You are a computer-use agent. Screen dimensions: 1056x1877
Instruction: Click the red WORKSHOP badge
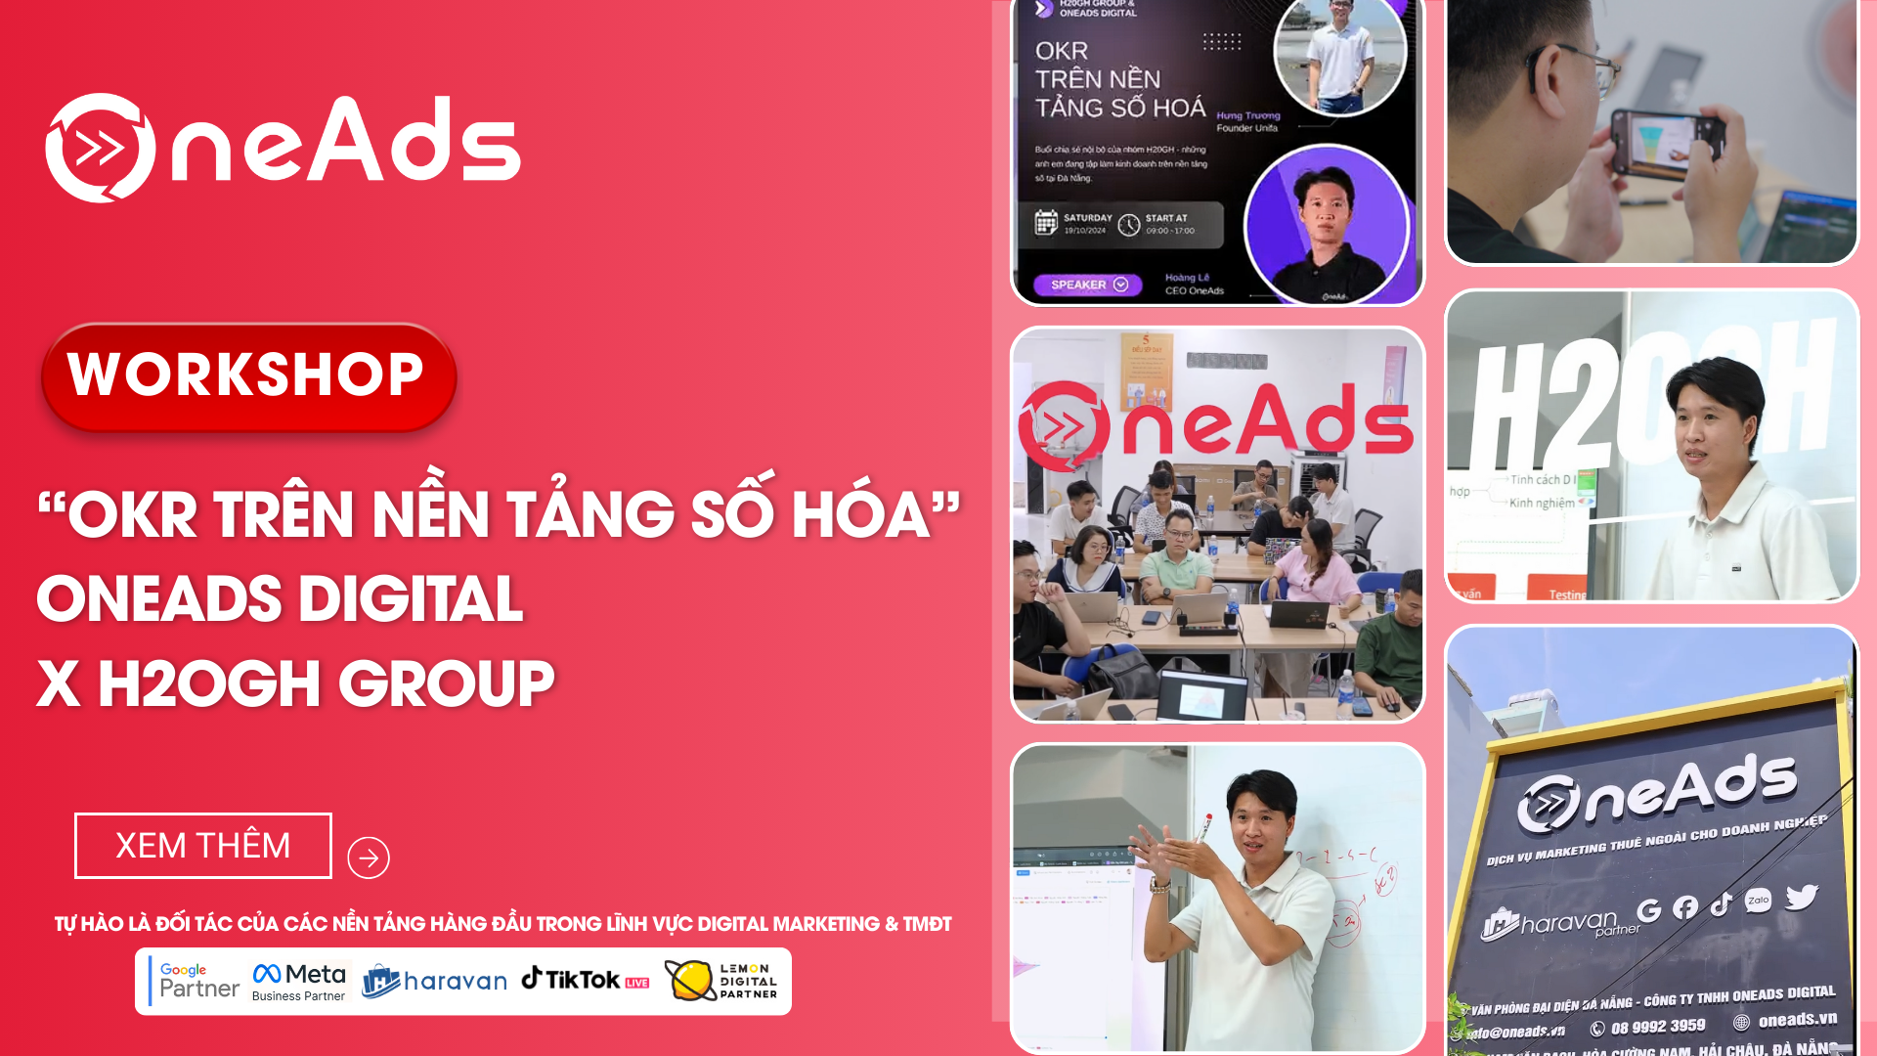point(247,376)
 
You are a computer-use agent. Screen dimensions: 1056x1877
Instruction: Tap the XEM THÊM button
point(203,846)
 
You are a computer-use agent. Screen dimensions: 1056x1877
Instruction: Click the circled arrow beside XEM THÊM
point(369,858)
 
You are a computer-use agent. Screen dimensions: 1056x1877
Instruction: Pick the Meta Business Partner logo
point(299,981)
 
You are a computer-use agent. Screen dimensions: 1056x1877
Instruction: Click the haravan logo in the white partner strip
point(435,980)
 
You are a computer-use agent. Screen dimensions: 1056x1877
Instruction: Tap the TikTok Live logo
point(585,979)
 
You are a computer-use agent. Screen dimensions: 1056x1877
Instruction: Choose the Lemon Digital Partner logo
point(721,981)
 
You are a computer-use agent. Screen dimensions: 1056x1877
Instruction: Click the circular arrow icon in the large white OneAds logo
point(100,148)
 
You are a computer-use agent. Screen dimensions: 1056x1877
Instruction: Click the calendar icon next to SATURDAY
point(1046,223)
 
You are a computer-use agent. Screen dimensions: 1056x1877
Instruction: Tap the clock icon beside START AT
point(1129,225)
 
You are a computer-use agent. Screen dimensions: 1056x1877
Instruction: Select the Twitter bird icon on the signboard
point(1801,897)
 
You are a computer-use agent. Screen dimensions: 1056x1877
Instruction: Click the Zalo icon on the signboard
point(1758,901)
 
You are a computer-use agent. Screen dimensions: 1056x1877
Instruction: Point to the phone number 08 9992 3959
point(1657,1027)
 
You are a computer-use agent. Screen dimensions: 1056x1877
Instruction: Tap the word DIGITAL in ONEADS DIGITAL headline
point(412,598)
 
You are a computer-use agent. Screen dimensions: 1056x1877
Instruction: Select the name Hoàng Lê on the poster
point(1187,278)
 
